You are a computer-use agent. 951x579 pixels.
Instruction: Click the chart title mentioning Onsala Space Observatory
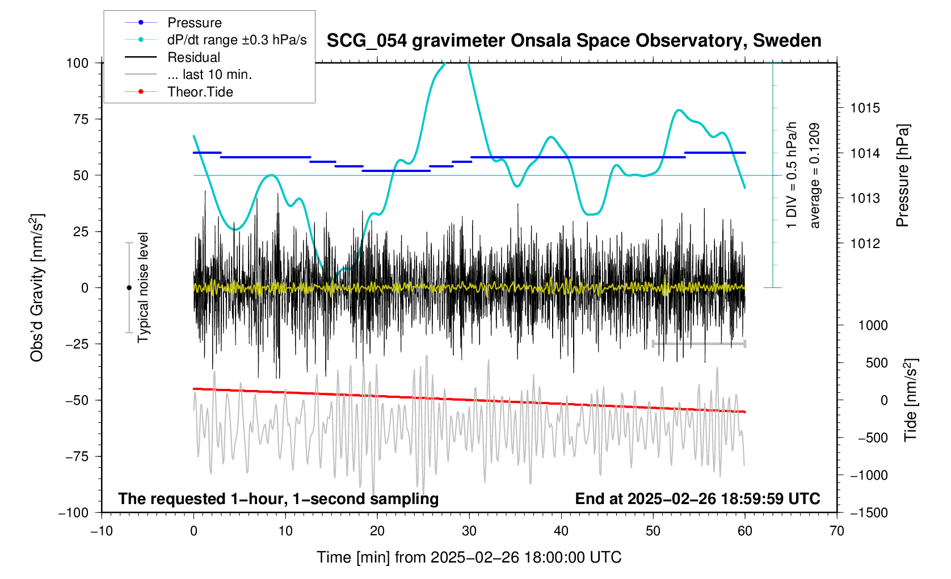[x=574, y=41]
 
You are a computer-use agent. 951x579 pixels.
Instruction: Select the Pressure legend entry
[x=194, y=23]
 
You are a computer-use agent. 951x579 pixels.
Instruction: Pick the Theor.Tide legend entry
[x=200, y=92]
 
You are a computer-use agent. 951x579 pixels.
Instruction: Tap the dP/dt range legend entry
[x=237, y=40]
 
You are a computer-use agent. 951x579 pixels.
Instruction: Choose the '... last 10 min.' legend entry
[x=209, y=74]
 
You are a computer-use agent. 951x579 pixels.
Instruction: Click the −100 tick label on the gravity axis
[x=74, y=513]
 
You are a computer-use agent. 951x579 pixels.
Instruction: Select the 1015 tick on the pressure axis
[x=865, y=108]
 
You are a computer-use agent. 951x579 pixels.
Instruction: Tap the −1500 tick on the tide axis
[x=869, y=513]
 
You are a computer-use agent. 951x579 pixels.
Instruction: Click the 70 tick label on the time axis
[x=836, y=531]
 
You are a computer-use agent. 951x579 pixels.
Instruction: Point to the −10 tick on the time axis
[x=102, y=531]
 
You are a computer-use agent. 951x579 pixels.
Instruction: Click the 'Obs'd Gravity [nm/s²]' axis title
[x=37, y=288]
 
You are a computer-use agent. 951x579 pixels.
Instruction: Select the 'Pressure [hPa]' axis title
[x=902, y=176]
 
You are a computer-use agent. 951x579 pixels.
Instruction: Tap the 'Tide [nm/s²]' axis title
[x=910, y=400]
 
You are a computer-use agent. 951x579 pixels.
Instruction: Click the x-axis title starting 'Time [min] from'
[x=469, y=557]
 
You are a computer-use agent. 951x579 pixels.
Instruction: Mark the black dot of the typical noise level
[x=129, y=288]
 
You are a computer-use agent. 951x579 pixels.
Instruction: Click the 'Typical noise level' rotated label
[x=143, y=288]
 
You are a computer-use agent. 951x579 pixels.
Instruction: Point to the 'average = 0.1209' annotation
[x=815, y=176]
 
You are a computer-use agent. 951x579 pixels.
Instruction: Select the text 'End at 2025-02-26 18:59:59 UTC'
[x=697, y=499]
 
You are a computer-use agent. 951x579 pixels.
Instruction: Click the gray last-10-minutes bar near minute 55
[x=698, y=343]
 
